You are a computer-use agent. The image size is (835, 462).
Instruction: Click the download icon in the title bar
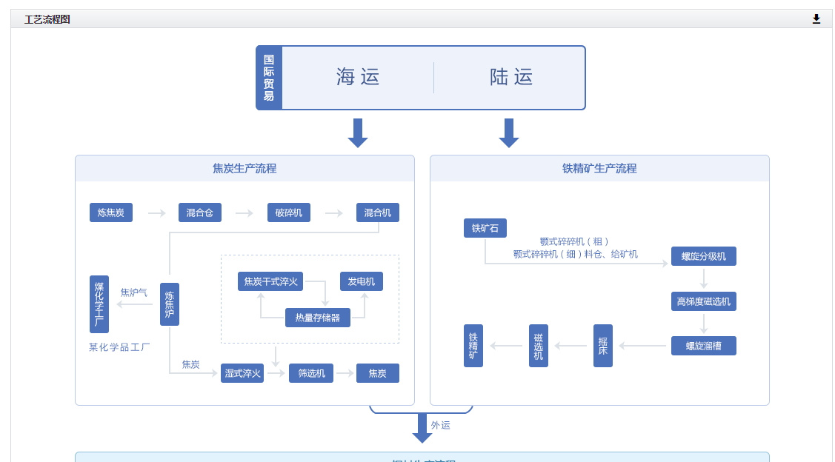[816, 19]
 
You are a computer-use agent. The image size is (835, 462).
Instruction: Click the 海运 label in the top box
[358, 77]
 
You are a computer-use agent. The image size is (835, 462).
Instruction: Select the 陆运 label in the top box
[511, 77]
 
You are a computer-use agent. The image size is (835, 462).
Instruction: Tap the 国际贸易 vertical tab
[269, 78]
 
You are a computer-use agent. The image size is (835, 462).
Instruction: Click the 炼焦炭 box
[111, 212]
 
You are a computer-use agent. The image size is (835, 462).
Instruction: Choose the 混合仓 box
[200, 212]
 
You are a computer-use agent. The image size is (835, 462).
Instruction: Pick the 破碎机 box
[289, 212]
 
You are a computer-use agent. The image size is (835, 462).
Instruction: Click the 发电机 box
[362, 281]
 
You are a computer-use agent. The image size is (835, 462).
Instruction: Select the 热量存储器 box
[318, 318]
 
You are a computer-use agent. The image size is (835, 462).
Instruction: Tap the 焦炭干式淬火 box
[271, 281]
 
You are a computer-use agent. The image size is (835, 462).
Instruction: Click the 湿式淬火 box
[242, 373]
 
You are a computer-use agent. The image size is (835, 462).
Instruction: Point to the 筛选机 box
[311, 373]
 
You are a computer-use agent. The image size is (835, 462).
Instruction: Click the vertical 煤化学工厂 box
[99, 304]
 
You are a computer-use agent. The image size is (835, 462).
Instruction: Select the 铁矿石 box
[485, 228]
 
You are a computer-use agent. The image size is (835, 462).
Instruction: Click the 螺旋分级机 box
[704, 256]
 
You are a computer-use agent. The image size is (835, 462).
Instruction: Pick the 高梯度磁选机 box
[704, 301]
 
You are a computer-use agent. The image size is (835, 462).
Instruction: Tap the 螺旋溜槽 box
[704, 346]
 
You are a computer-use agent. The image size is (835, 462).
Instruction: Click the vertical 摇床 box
[603, 346]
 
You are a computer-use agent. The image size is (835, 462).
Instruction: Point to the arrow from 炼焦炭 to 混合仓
[157, 213]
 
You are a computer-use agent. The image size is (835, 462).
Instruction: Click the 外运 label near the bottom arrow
[441, 425]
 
